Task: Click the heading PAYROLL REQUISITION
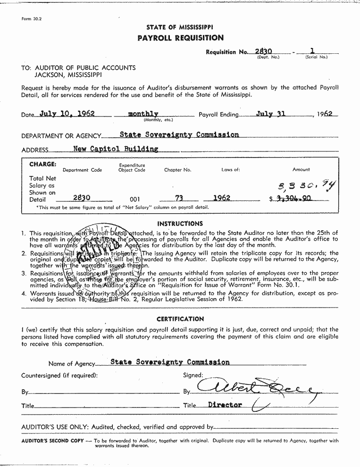[180, 38]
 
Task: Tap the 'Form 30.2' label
[29, 19]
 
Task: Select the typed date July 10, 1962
[67, 114]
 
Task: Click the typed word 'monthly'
[143, 114]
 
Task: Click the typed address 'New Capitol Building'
[116, 149]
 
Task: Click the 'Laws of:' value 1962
[221, 198]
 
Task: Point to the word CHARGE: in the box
[42, 165]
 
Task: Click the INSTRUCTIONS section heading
[180, 224]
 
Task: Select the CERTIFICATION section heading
[180, 319]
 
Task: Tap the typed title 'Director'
[225, 405]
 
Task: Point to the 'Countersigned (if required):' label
[59, 375]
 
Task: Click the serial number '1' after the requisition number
[312, 50]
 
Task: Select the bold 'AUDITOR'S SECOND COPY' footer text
[52, 441]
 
